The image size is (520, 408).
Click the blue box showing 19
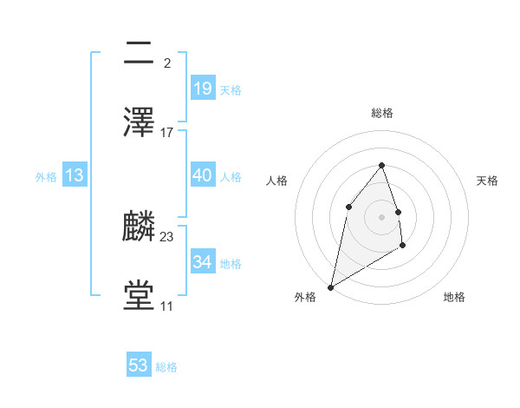click(202, 88)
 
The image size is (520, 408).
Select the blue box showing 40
click(202, 175)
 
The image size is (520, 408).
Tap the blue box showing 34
click(202, 262)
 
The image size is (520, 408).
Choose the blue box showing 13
click(75, 175)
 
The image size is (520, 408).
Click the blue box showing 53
click(139, 365)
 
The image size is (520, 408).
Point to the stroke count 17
click(167, 133)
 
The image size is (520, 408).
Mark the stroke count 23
click(167, 236)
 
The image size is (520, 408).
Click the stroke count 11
click(166, 306)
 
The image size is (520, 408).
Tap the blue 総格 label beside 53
click(166, 367)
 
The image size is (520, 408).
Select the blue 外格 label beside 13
click(46, 176)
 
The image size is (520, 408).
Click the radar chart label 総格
click(381, 113)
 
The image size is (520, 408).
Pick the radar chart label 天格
click(487, 181)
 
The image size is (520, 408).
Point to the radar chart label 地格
click(454, 297)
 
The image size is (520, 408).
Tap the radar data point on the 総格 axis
click(381, 165)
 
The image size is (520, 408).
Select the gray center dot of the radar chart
click(381, 216)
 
